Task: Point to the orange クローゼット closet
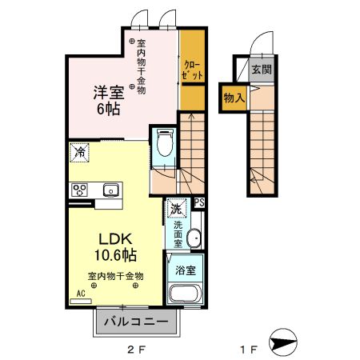[x=191, y=70]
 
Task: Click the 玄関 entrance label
[x=261, y=70]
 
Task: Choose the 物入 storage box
[x=234, y=97]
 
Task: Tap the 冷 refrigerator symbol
[x=80, y=150]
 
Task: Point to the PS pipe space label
[x=199, y=203]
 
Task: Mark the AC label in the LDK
[x=80, y=294]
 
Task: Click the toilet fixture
[x=165, y=145]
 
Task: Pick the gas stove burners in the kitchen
[x=80, y=190]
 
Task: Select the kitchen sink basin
[x=110, y=190]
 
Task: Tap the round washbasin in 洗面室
[x=193, y=238]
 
